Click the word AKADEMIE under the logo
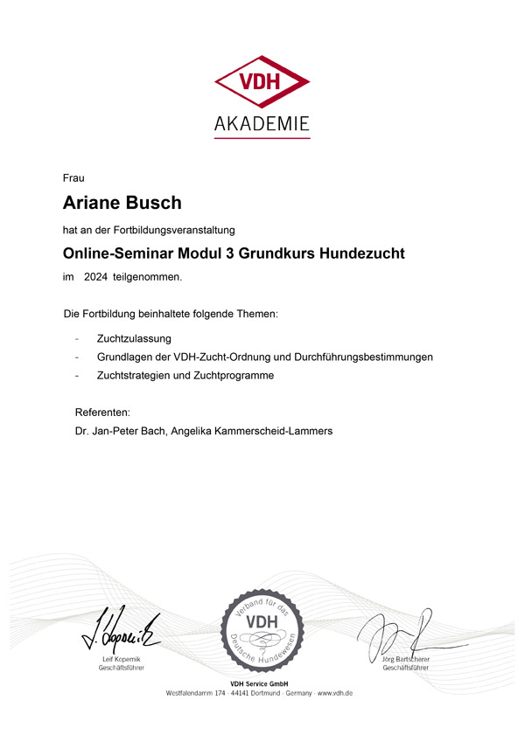pos(262,123)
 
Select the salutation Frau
pos(73,178)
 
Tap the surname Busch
pos(151,203)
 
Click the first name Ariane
pos(89,203)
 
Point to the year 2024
pos(95,277)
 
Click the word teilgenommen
pos(147,277)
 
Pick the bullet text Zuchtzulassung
pos(134,337)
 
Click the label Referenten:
pos(102,412)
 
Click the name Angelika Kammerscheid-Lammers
pos(257,431)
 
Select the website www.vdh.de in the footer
pos(335,692)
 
